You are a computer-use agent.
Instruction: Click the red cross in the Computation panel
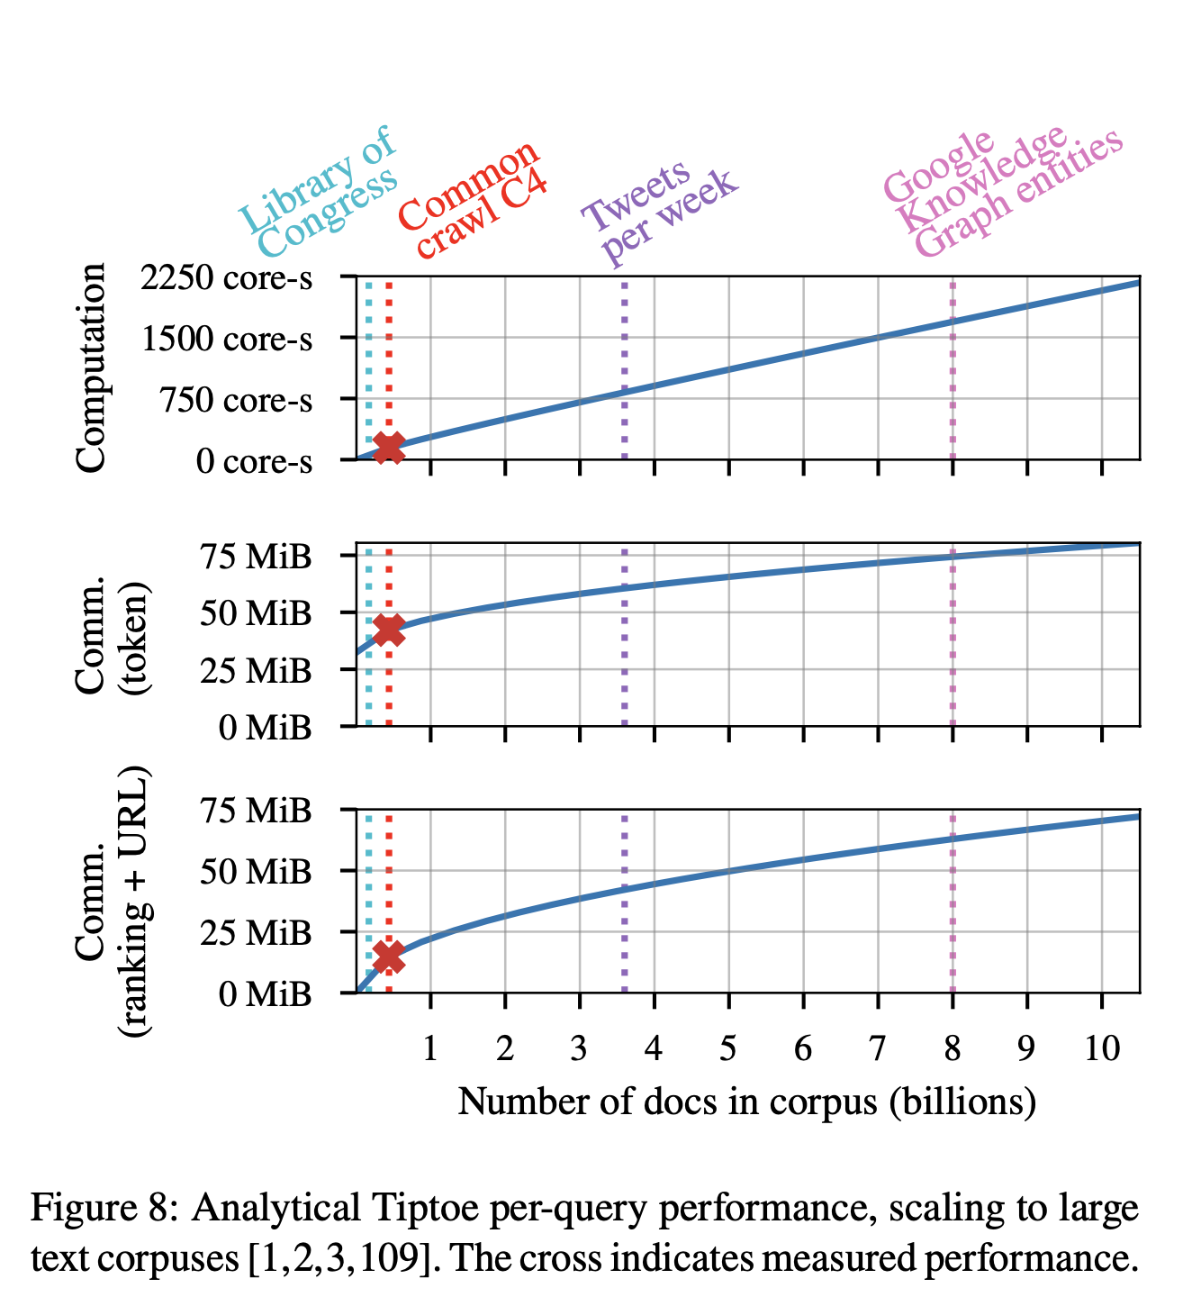pyautogui.click(x=389, y=446)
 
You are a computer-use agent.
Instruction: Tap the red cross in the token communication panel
pyautogui.click(x=389, y=630)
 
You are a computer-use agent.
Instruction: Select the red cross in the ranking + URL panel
pyautogui.click(x=389, y=957)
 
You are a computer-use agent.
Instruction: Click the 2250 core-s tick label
pyautogui.click(x=227, y=278)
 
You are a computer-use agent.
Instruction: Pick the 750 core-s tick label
pyautogui.click(x=237, y=400)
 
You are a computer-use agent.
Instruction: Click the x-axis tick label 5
pyautogui.click(x=728, y=1048)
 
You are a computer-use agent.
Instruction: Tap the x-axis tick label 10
pyautogui.click(x=1102, y=1048)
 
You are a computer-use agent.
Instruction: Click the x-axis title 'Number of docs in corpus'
pyautogui.click(x=746, y=1101)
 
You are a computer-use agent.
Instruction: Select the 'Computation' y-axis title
pyautogui.click(x=92, y=367)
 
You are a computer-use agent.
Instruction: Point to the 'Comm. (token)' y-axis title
pyautogui.click(x=113, y=636)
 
